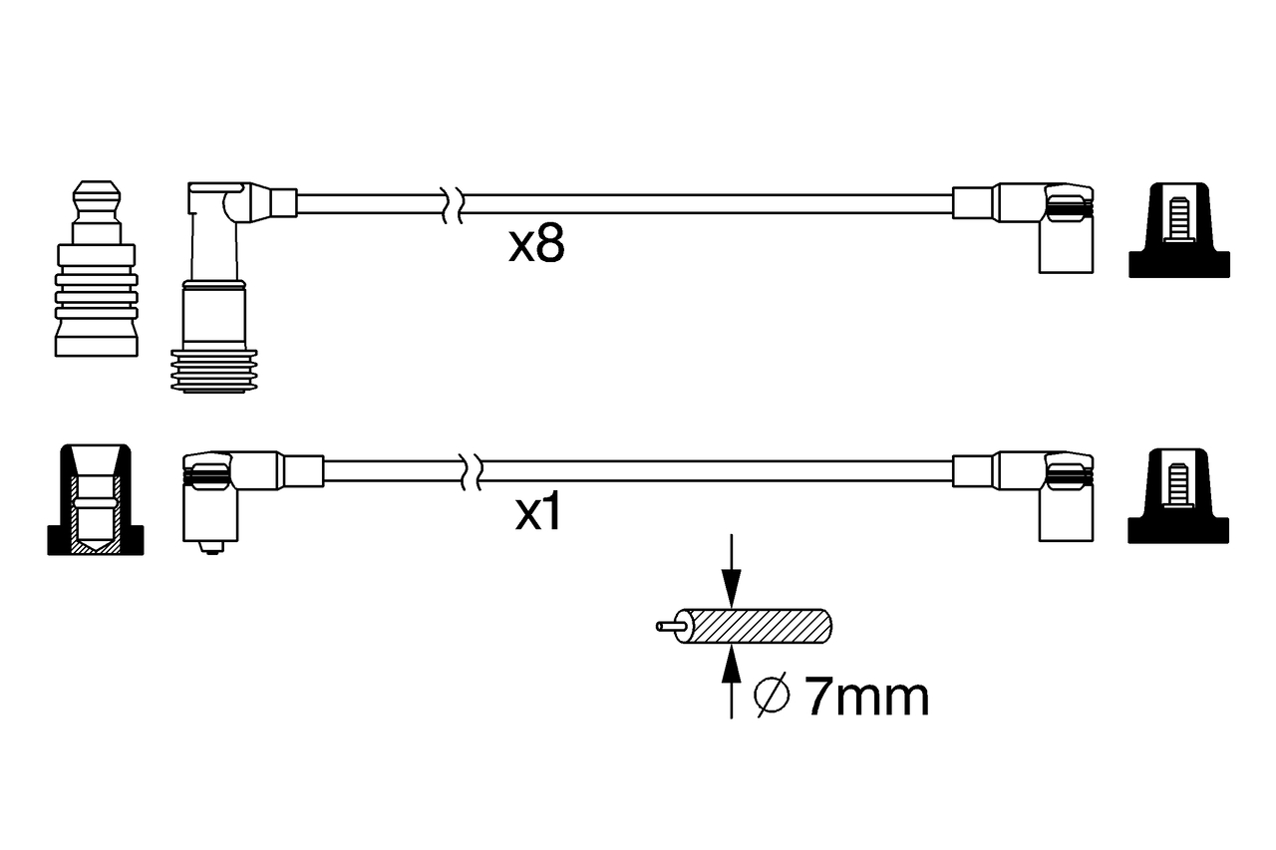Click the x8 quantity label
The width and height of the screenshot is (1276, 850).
pyautogui.click(x=536, y=244)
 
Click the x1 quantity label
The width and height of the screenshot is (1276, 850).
pyautogui.click(x=537, y=512)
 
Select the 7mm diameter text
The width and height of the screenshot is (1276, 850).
pyautogui.click(x=867, y=698)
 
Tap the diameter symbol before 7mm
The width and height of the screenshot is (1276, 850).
pyautogui.click(x=772, y=696)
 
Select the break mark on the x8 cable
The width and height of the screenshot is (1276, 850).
pyautogui.click(x=454, y=204)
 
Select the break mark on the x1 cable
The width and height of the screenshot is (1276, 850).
pyautogui.click(x=472, y=472)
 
